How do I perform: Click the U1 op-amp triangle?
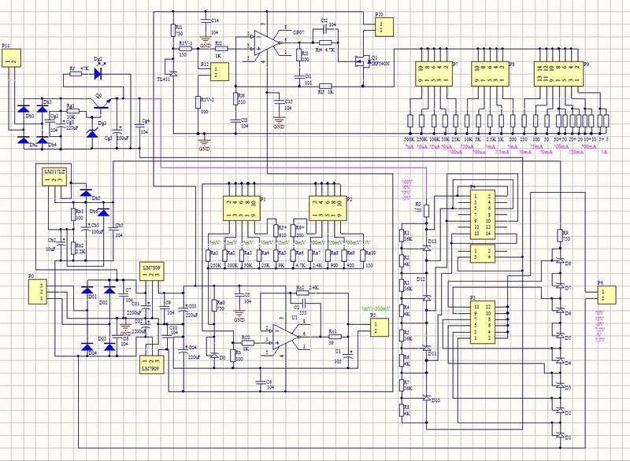click(285, 334)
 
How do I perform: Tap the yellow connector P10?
click(382, 28)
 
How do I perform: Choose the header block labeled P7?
click(434, 75)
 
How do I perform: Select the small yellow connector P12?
click(220, 72)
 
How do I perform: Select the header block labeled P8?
click(489, 75)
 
